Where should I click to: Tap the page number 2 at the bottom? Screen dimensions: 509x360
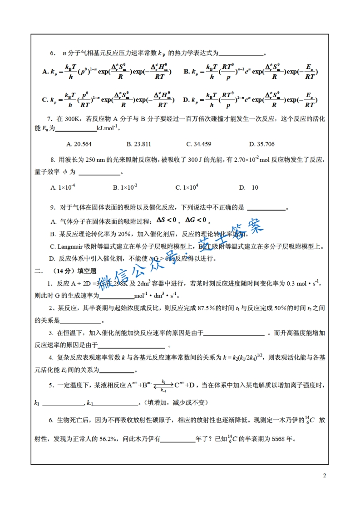pos(324,475)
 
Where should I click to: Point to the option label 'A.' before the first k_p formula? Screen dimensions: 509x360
pos(45,72)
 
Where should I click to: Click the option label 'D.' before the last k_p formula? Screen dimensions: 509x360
pos(187,99)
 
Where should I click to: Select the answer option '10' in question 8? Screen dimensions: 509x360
pos(255,187)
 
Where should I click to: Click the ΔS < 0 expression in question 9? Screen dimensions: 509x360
pos(166,220)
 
